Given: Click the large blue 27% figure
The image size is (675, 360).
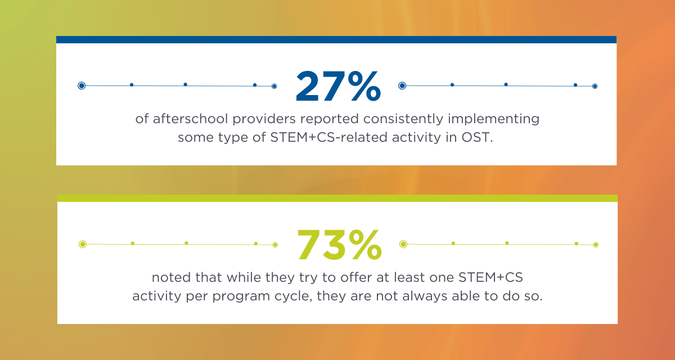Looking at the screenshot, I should pyautogui.click(x=337, y=86).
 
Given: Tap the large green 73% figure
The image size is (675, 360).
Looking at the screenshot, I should pyautogui.click(x=339, y=245).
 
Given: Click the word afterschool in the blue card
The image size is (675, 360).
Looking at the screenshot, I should pyautogui.click(x=186, y=120).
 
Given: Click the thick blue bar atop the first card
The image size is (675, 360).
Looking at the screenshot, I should pyautogui.click(x=336, y=40).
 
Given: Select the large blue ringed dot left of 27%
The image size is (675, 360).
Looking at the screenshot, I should pyautogui.click(x=82, y=85).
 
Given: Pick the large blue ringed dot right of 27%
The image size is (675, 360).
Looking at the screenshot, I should pyautogui.click(x=402, y=85).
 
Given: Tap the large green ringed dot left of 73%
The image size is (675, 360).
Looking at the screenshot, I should pyautogui.click(x=83, y=244).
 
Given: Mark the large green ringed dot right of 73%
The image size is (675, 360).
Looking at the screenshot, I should pyautogui.click(x=403, y=244).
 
